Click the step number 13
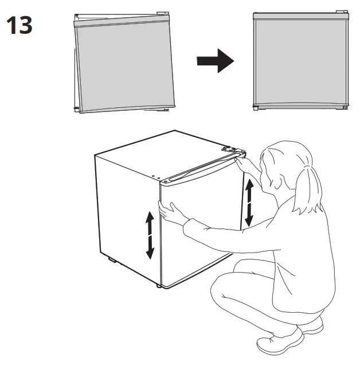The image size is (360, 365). click(x=19, y=25)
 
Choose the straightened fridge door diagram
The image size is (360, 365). click(x=300, y=60)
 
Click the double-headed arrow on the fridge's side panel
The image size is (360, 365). click(x=150, y=234)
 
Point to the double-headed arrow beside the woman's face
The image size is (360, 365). click(x=249, y=202)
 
